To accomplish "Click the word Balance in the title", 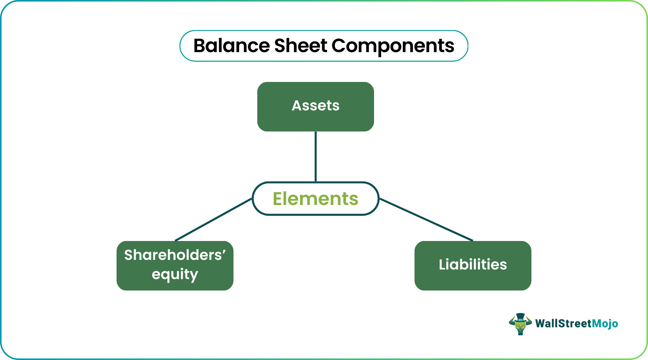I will (231, 46).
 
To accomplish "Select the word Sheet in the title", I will (301, 46).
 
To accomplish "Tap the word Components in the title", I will (393, 46).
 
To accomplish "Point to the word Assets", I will (315, 106).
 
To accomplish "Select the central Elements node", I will (315, 199).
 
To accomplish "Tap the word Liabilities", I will (473, 264).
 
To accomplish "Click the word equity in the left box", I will (175, 274).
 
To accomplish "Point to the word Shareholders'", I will (173, 255).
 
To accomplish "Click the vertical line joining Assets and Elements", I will (315, 156).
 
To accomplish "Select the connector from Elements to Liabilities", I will (426, 219).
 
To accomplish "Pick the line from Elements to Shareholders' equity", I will (213, 219).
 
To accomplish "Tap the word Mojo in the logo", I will (605, 324).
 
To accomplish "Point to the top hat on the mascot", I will (520, 317).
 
